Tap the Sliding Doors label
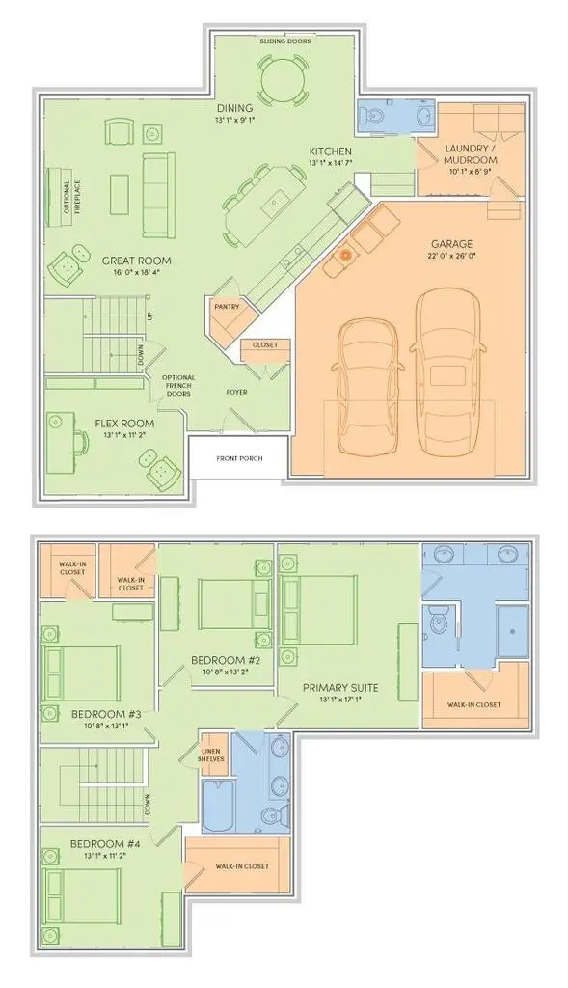pos(283,42)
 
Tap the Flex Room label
pos(125,423)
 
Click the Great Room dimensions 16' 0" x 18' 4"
pos(137,272)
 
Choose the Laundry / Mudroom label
pos(470,152)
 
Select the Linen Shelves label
pos(212,755)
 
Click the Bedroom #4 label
pos(105,845)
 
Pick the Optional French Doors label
pos(179,386)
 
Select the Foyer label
pos(237,392)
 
